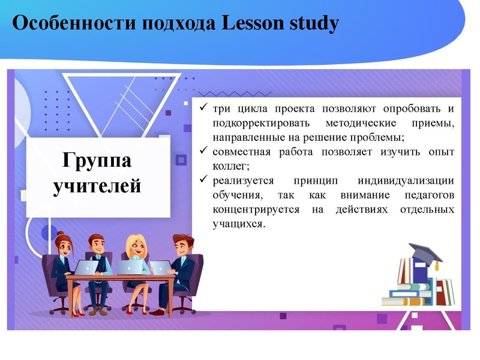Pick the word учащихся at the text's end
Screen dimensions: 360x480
pyautogui.click(x=238, y=224)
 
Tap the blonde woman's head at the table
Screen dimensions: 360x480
pyautogui.click(x=135, y=245)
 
